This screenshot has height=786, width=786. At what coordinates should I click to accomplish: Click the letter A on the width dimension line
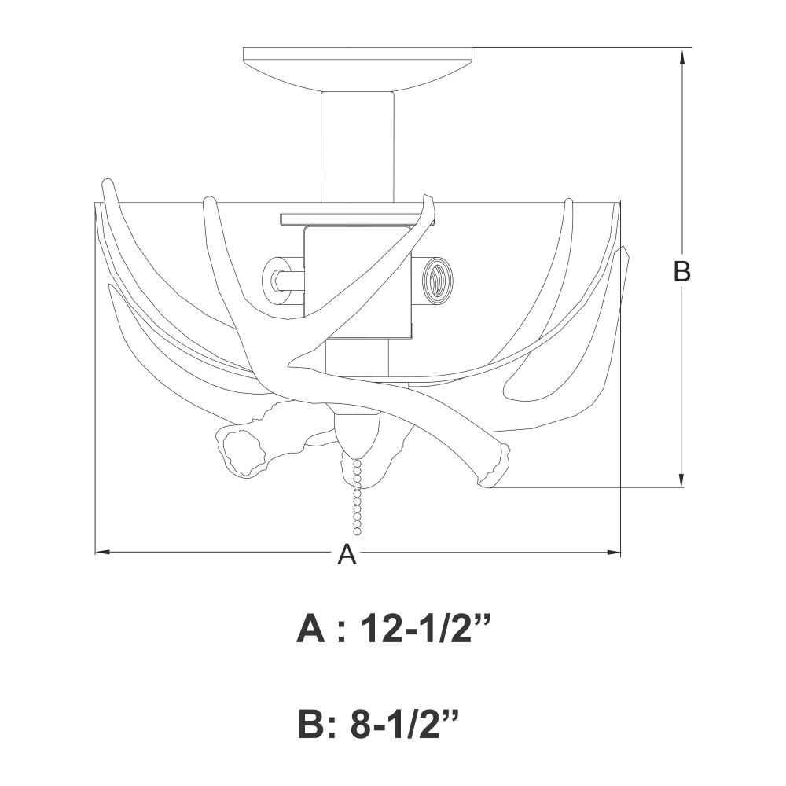point(347,554)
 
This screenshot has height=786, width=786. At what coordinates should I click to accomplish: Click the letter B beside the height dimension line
point(681,271)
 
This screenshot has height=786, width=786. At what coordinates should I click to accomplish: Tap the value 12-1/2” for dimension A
point(424,629)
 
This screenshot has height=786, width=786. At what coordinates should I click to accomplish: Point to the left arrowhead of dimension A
point(102,553)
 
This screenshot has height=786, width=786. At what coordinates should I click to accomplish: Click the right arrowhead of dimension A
point(614,553)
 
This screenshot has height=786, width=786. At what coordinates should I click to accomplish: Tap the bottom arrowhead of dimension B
point(681,479)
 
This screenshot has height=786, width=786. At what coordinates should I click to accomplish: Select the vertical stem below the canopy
point(358,148)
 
